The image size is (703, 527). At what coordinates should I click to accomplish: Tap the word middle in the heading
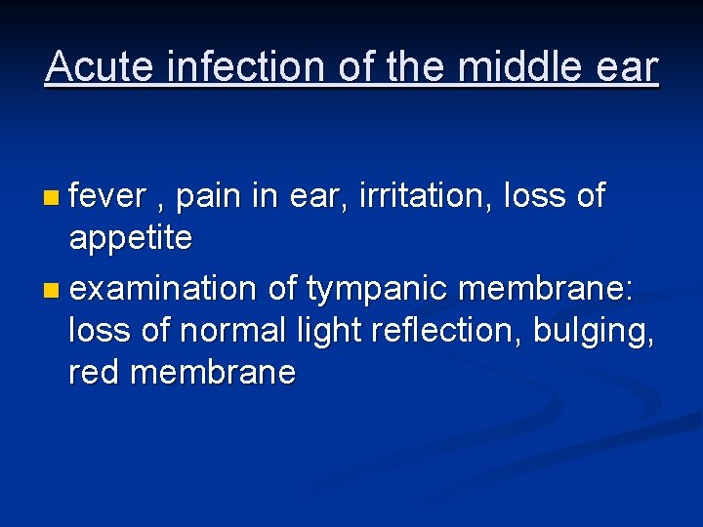(x=506, y=67)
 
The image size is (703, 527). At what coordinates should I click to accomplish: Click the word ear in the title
(x=629, y=67)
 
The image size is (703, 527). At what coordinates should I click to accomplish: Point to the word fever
(x=107, y=197)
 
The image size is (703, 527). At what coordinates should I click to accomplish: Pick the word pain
(x=207, y=197)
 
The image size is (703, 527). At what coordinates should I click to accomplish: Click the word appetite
(x=130, y=238)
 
